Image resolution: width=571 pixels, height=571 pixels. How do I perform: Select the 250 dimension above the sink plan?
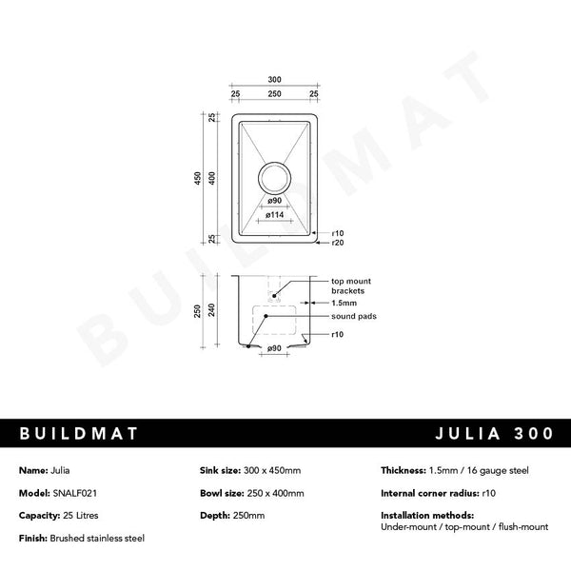(273, 95)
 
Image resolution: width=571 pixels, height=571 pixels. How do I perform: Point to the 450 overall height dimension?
(199, 178)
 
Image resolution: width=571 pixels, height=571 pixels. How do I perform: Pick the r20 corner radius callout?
(337, 244)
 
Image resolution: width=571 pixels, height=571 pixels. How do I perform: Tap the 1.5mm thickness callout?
(344, 303)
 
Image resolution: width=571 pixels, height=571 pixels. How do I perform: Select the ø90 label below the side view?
(273, 348)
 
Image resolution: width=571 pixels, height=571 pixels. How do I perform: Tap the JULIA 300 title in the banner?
(491, 433)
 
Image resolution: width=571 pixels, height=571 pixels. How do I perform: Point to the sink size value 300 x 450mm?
(271, 470)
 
